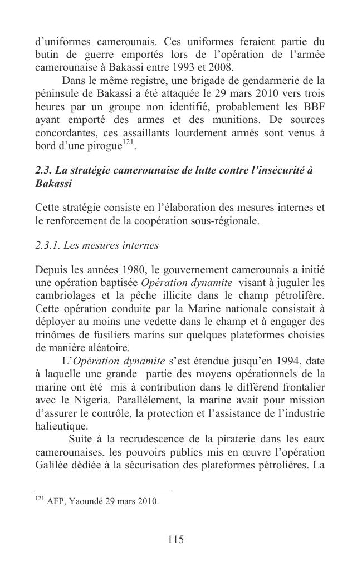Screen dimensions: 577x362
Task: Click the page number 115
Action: pyautogui.click(x=175, y=539)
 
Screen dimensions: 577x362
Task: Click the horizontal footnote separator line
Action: pyautogui.click(x=103, y=491)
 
